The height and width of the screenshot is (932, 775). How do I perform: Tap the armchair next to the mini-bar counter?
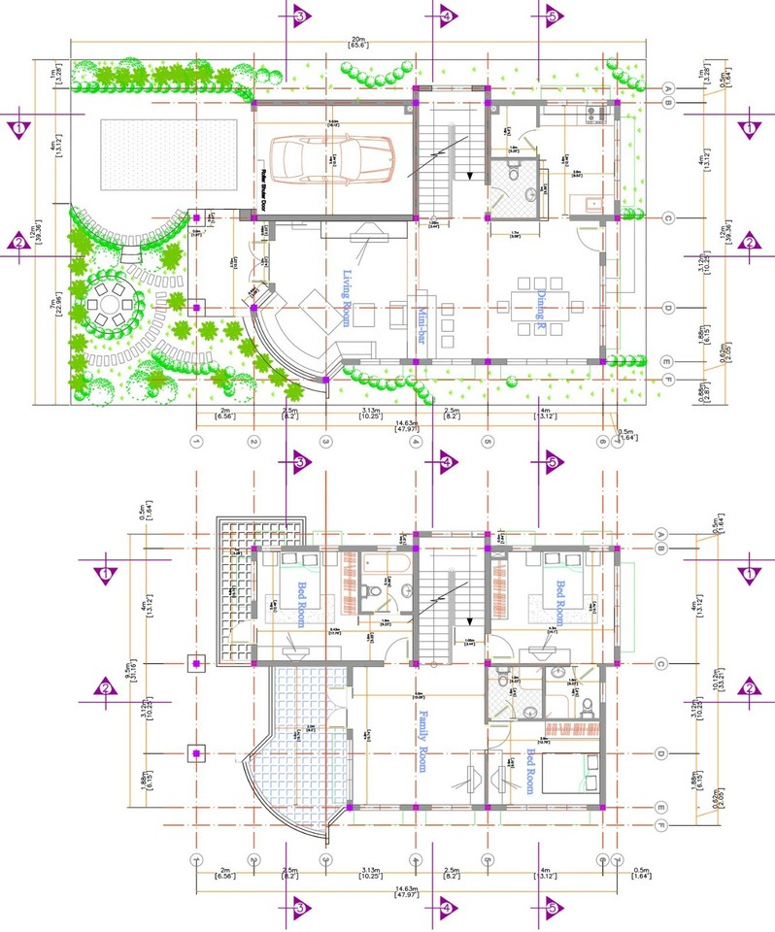[x=399, y=316]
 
